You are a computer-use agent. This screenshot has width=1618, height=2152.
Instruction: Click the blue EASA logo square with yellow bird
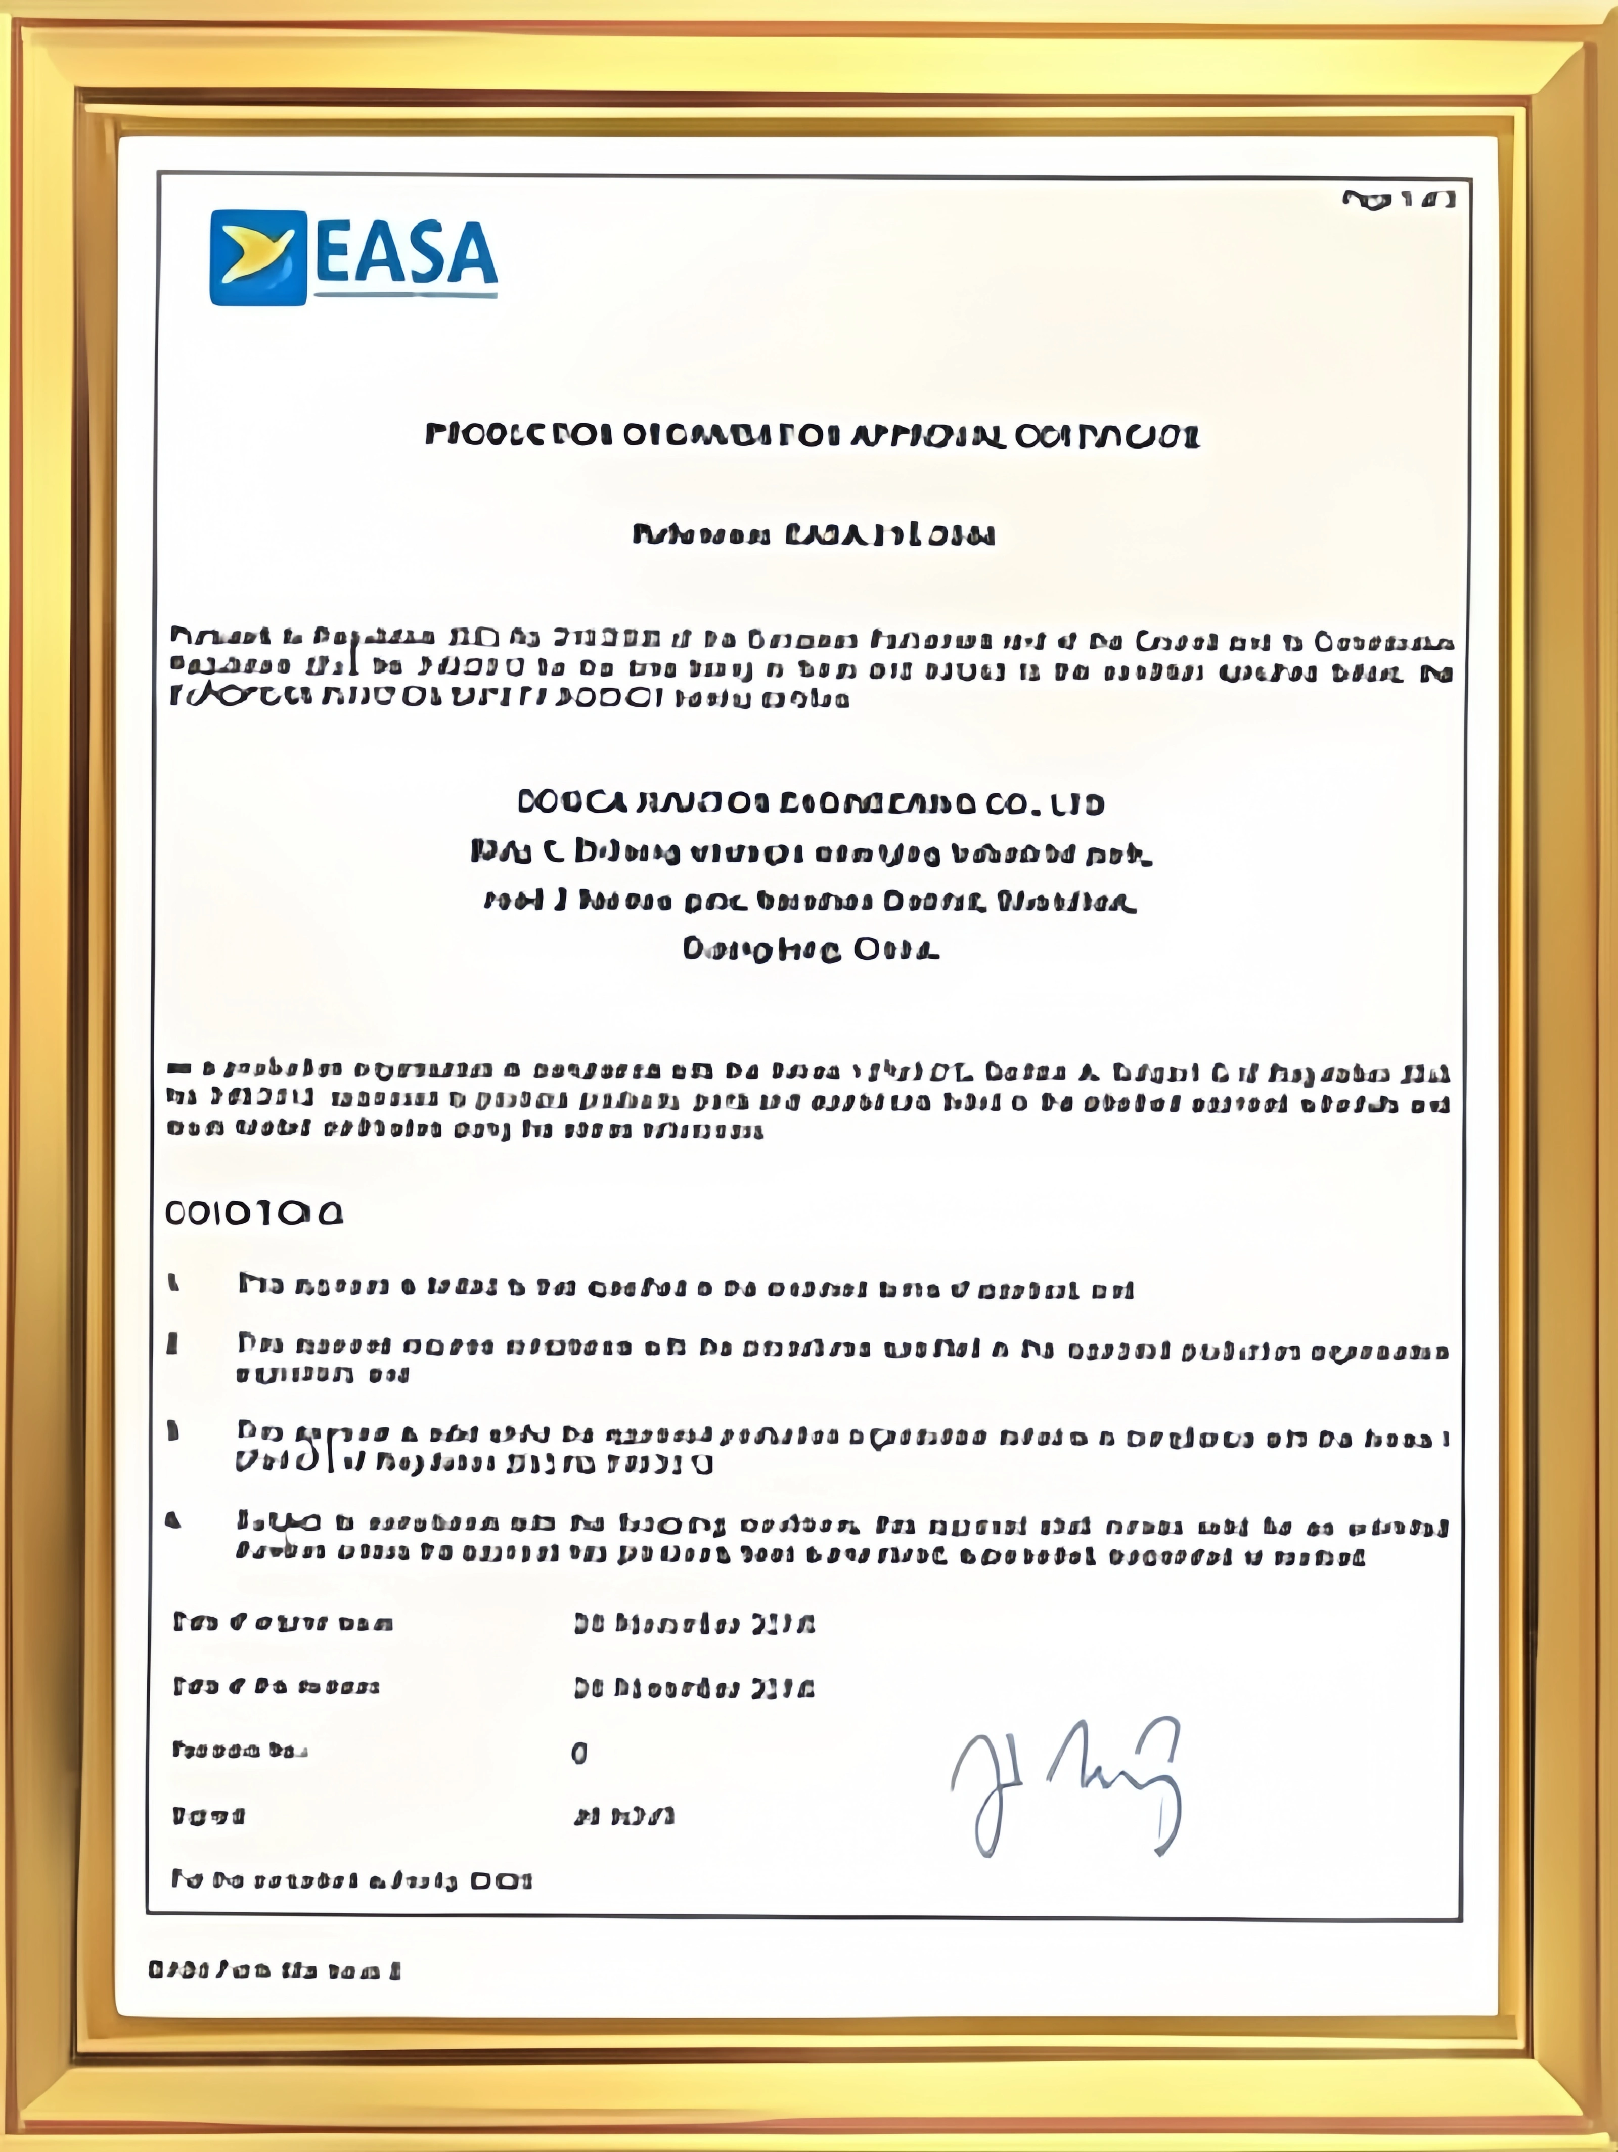(258, 258)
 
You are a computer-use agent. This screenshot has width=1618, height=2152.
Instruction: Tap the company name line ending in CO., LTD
(811, 803)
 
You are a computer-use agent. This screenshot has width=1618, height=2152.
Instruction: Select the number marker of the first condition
(174, 1284)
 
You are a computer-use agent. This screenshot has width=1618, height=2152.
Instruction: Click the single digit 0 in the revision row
(579, 1753)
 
